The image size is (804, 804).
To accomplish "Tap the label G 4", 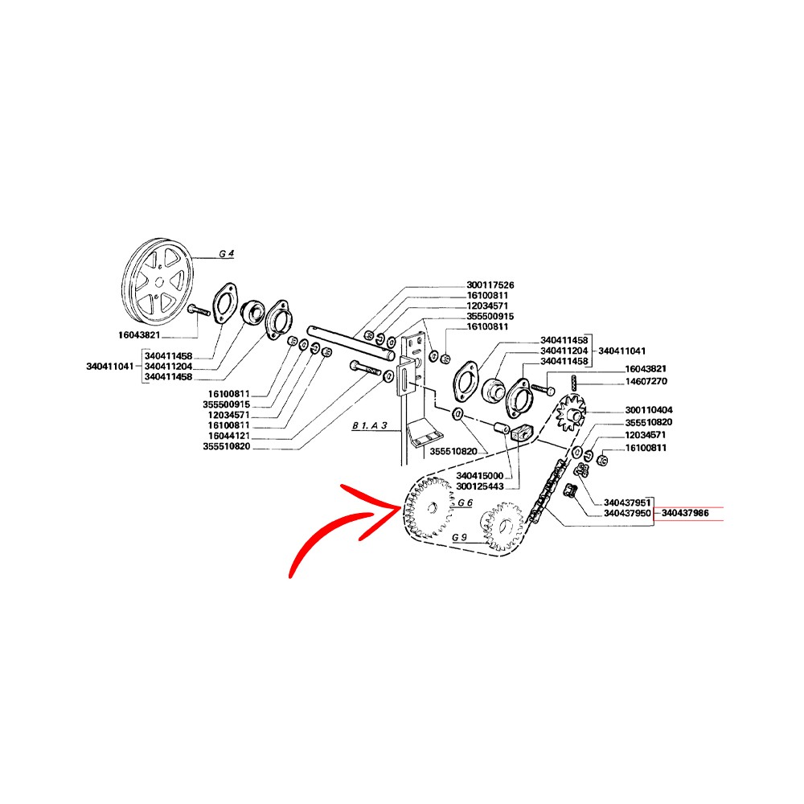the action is tap(226, 254).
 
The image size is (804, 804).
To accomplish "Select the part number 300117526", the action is tap(490, 285).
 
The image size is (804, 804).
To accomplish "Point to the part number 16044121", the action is tap(229, 436).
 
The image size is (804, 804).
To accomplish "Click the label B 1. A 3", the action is tap(370, 425).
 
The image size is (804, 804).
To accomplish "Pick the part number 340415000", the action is tap(480, 476).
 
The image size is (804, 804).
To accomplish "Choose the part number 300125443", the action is tap(480, 486).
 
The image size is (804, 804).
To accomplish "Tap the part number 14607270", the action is tap(646, 381).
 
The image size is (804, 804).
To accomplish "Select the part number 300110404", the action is tap(649, 410).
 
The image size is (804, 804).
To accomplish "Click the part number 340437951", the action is tap(627, 503).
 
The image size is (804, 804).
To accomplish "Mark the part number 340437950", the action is tap(627, 513).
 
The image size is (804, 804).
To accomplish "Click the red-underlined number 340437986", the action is tap(686, 513).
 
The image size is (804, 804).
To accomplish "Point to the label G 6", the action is tap(465, 503).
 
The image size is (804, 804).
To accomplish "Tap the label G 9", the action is tap(459, 537).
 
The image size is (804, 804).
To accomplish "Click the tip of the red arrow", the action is tap(400, 507).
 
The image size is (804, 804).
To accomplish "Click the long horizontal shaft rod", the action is tap(351, 342).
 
